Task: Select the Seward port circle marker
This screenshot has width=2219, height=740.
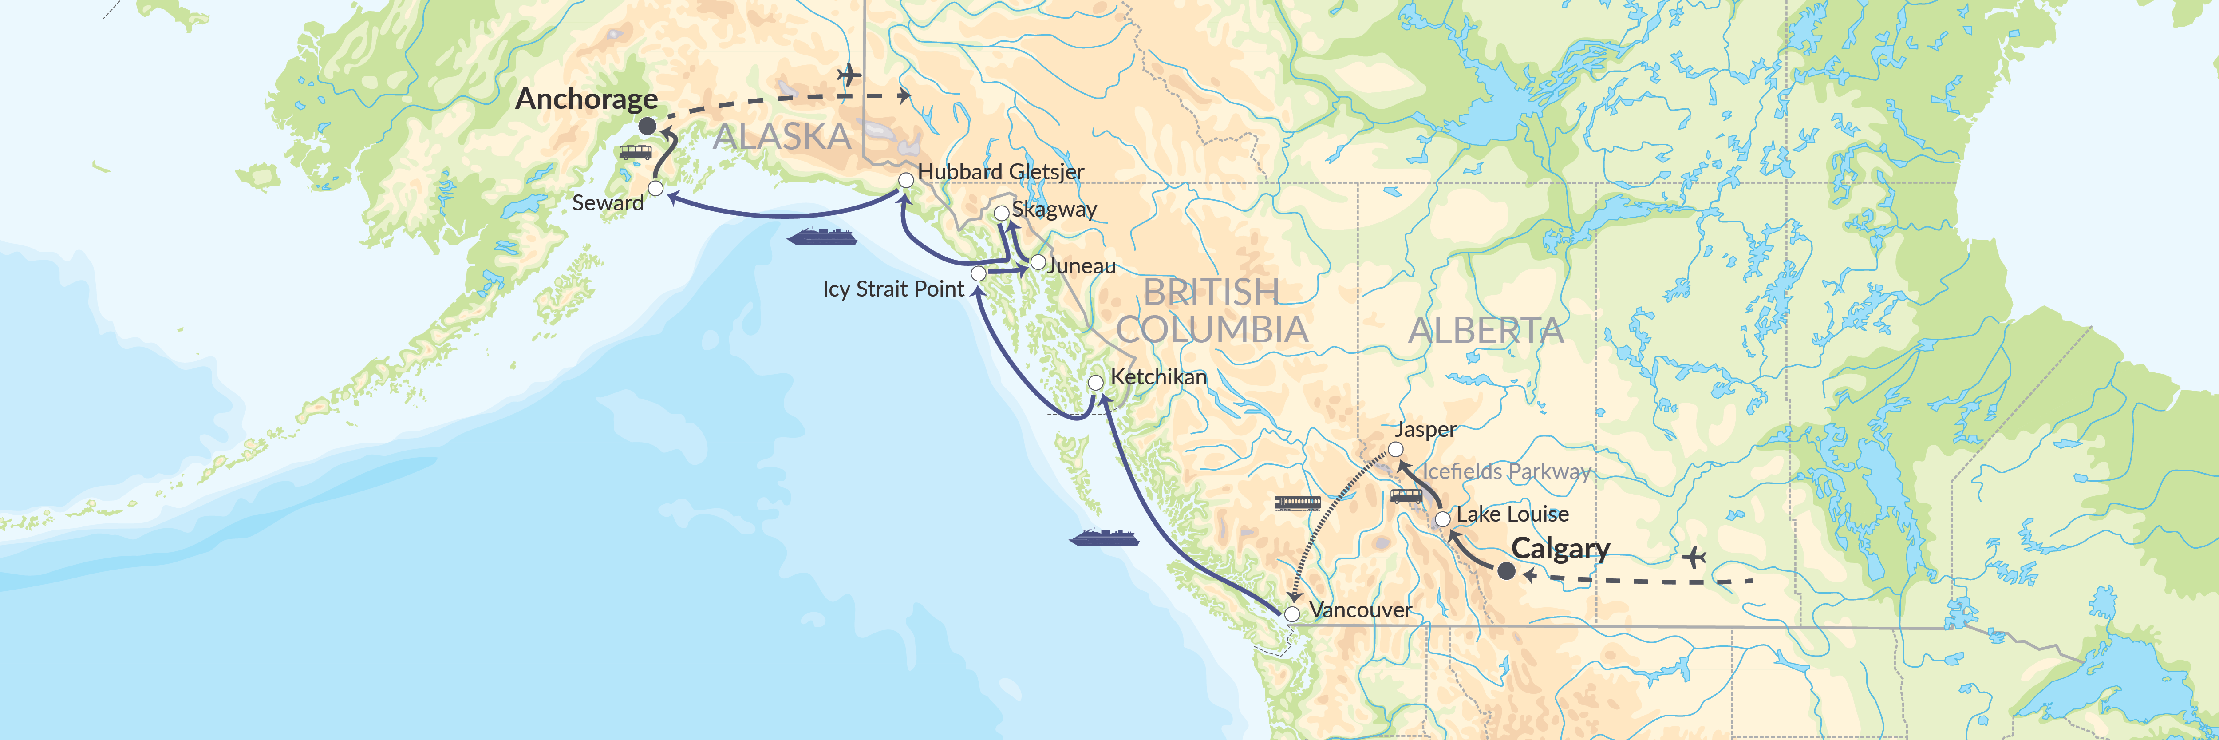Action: point(655,188)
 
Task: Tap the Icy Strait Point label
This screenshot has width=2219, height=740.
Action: point(893,289)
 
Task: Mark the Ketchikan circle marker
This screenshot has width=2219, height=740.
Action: point(1096,382)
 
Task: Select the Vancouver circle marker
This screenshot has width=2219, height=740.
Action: point(1292,614)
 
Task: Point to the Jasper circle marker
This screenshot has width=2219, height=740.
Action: point(1395,450)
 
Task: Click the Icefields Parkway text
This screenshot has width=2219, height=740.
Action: point(1506,471)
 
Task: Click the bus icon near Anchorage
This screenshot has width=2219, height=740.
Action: point(636,152)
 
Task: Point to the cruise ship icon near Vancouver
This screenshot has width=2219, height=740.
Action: point(1104,538)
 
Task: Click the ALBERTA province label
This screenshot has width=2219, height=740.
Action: point(1486,331)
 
